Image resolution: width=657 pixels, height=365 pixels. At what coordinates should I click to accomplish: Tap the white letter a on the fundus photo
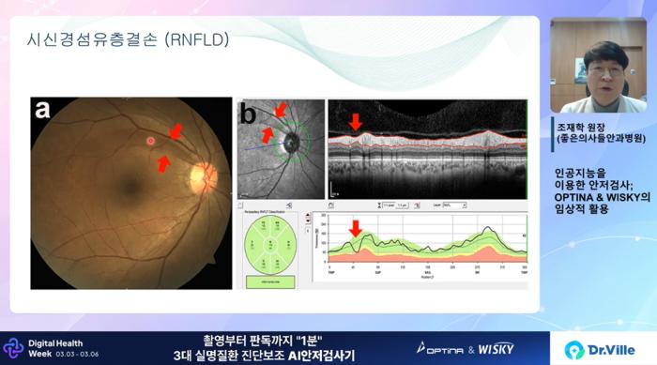[43, 110]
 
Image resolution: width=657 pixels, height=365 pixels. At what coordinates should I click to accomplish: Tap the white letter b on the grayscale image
[249, 115]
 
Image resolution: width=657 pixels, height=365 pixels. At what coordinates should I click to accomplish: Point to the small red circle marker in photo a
[149, 141]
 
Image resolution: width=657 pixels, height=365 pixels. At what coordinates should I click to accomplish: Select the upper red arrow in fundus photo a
[175, 132]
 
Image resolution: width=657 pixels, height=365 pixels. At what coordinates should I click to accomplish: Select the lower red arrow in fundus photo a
[163, 164]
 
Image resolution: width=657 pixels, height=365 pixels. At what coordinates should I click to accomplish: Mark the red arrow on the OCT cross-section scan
[355, 122]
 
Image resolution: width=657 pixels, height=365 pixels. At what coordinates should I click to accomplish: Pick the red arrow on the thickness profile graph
[355, 228]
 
